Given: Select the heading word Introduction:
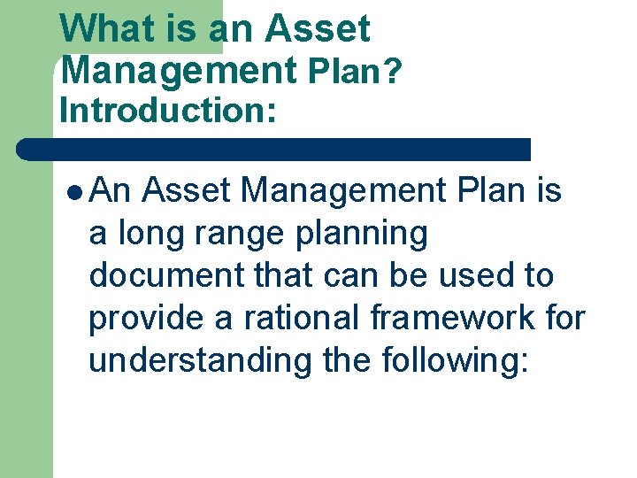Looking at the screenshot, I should tap(167, 111).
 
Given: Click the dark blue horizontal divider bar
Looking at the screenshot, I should tap(274, 149).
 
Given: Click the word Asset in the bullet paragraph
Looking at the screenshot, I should tap(186, 189).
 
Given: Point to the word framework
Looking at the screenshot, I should tap(441, 318).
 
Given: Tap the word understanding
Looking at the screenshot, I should tap(200, 361).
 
